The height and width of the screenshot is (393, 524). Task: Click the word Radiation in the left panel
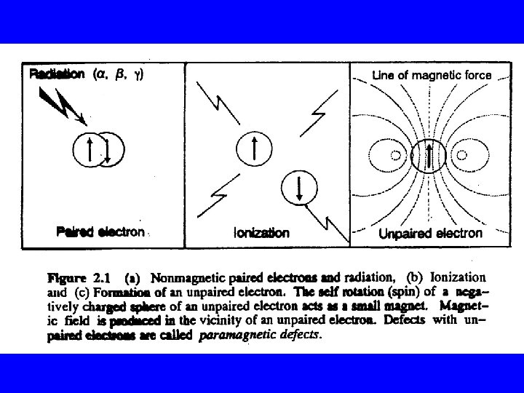click(57, 74)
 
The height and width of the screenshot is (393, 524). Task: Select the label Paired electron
click(100, 232)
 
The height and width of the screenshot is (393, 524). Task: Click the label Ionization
click(261, 233)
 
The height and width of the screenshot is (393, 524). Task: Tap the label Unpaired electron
click(430, 233)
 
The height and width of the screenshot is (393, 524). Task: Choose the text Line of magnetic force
click(432, 74)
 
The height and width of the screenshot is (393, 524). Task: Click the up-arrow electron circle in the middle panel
click(253, 149)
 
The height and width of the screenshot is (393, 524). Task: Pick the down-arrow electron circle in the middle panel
click(298, 187)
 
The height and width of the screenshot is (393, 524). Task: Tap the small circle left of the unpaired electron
click(396, 155)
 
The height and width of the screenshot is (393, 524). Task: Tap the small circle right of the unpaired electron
click(458, 155)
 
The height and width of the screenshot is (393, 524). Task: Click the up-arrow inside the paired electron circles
click(90, 149)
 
